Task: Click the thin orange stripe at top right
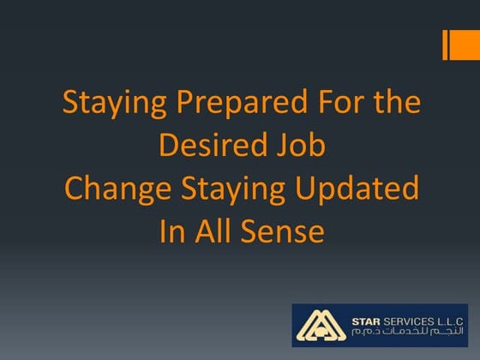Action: pos(446,45)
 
